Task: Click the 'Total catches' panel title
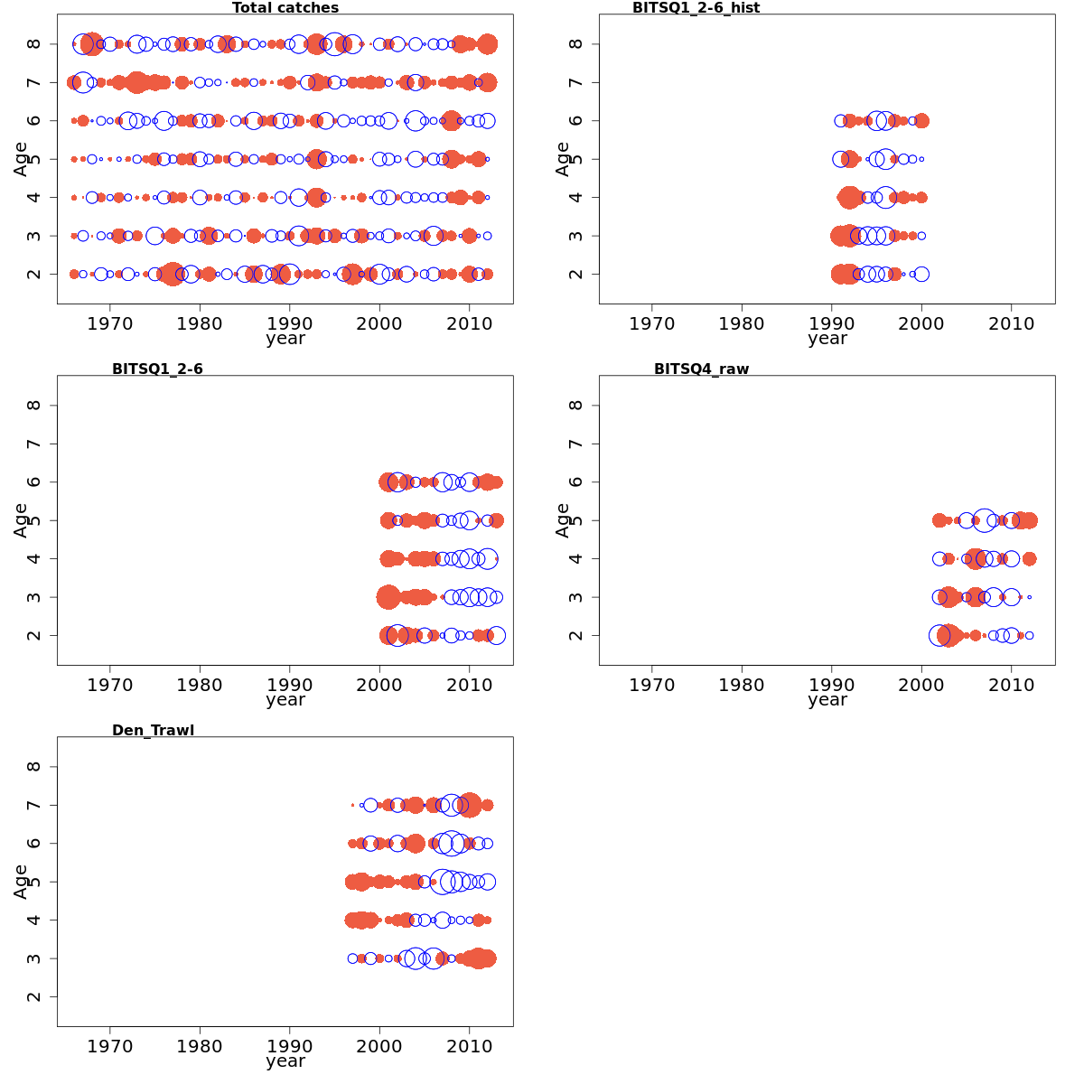tap(285, 8)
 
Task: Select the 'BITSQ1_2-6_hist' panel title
tap(696, 8)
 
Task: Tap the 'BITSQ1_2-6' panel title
tap(157, 369)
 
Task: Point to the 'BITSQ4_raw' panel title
tap(701, 369)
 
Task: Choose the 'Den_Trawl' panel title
tap(153, 730)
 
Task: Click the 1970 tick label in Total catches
tap(110, 323)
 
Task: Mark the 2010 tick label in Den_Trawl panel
tap(469, 1046)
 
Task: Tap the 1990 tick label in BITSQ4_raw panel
tap(831, 685)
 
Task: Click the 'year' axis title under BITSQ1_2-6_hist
tap(827, 339)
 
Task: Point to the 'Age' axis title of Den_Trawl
tap(21, 882)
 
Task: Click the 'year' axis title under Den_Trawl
tap(285, 1061)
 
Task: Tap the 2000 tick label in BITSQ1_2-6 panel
tap(379, 685)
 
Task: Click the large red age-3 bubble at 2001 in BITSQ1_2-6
tap(388, 597)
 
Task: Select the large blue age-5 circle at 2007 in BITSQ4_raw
tap(985, 520)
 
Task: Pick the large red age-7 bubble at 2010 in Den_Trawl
tap(470, 805)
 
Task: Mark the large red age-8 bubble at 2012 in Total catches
tap(488, 44)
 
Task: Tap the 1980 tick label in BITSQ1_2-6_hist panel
tap(742, 323)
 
